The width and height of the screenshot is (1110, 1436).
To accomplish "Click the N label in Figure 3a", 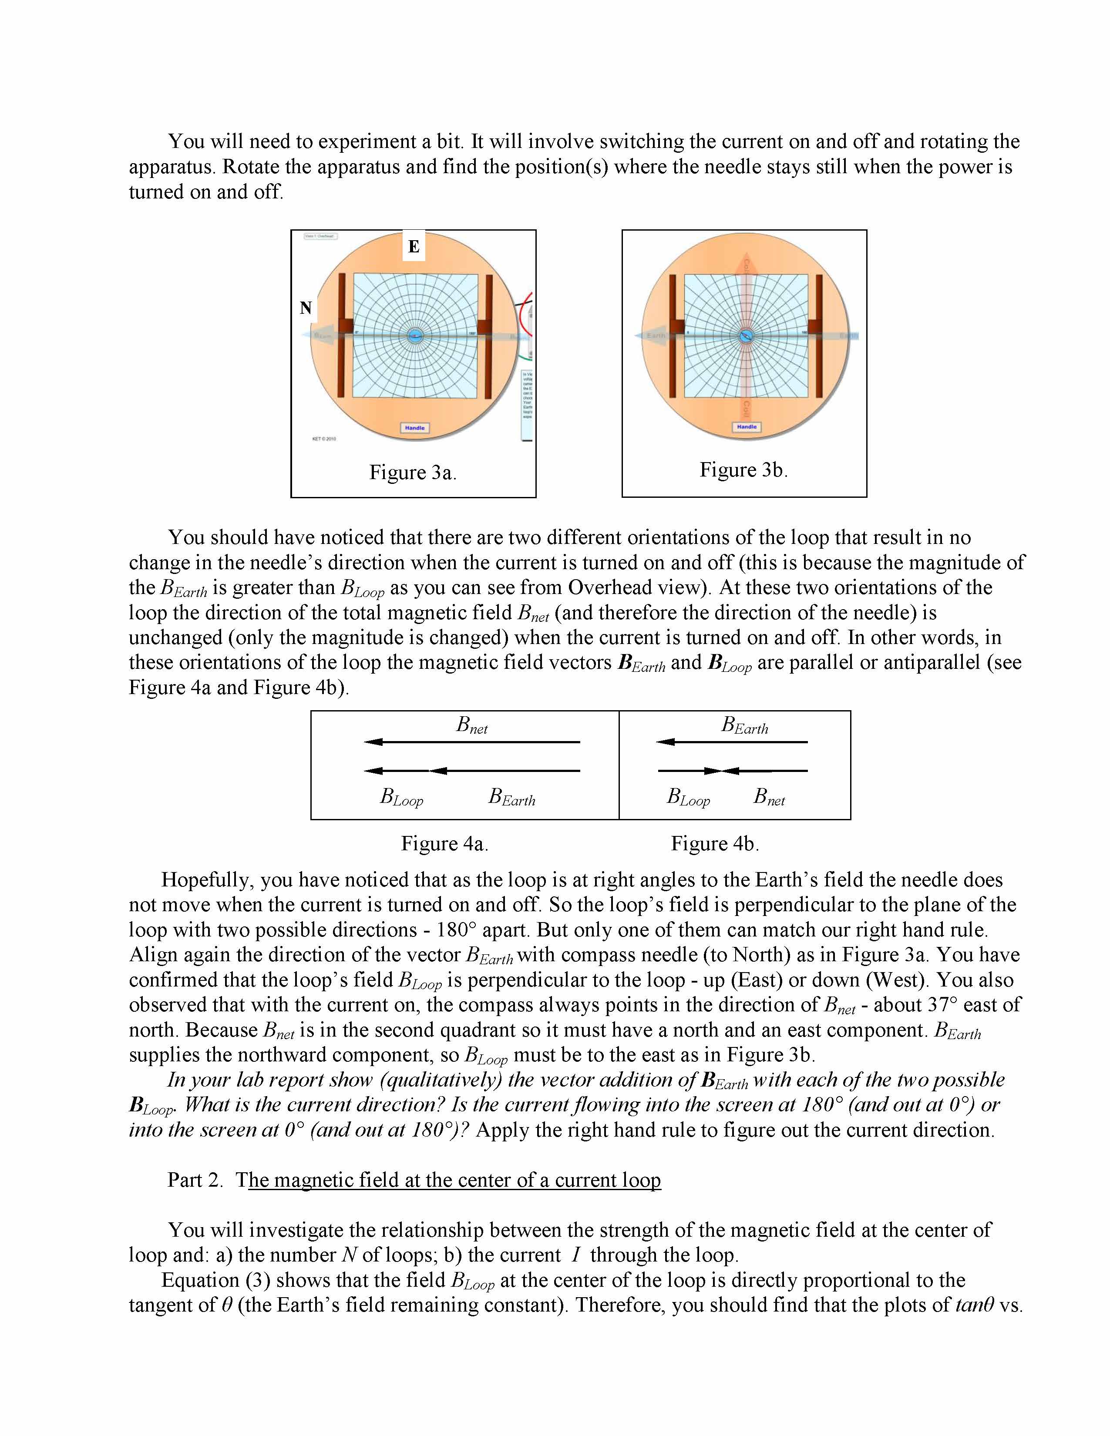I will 306,308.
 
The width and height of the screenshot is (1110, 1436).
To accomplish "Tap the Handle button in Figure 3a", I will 414,428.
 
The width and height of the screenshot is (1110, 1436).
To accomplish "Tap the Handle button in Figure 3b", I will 747,427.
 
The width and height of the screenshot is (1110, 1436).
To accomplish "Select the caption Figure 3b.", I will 743,470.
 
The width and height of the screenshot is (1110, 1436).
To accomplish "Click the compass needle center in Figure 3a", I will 414,336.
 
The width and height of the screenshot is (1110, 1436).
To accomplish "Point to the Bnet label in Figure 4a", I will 472,725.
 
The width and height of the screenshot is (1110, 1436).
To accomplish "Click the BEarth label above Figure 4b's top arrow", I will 744,725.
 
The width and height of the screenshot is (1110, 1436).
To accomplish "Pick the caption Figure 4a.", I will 444,844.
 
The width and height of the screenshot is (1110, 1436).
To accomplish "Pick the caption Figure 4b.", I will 715,844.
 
